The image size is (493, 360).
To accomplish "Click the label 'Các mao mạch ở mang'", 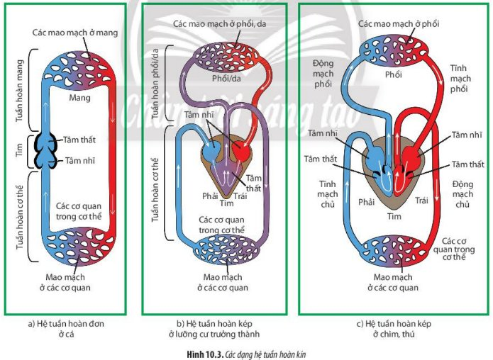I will click(74, 33).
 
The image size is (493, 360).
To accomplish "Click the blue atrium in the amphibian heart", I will click(211, 150).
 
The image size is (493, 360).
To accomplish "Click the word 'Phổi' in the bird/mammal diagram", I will click(393, 74).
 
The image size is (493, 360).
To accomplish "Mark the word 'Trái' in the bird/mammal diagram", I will click(421, 201).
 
